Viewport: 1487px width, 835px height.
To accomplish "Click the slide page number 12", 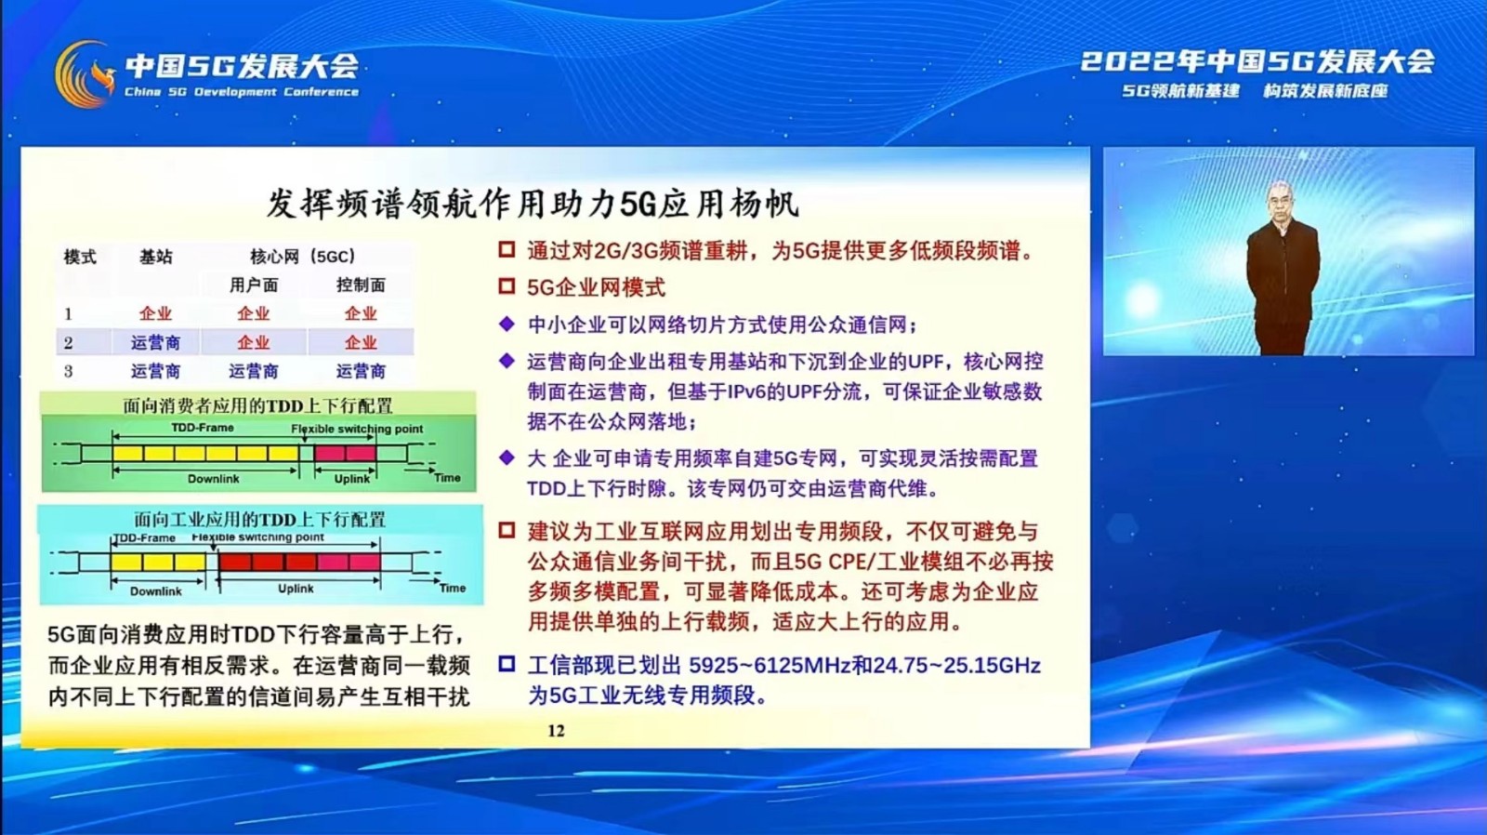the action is [x=557, y=731].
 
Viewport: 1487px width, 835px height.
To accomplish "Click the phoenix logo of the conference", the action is [x=84, y=73].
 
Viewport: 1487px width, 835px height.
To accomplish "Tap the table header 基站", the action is [x=156, y=257].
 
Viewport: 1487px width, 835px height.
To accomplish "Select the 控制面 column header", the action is [x=361, y=285].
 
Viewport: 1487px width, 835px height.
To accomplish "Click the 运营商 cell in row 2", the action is [x=155, y=343].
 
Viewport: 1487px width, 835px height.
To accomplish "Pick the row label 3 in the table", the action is [x=69, y=371].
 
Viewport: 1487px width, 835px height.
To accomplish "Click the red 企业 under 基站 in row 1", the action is [x=155, y=313].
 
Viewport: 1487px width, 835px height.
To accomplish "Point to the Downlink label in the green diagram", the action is [x=213, y=479].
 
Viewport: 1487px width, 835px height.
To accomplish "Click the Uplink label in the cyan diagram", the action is [x=296, y=589].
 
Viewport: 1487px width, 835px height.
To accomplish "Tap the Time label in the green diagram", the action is [x=447, y=478].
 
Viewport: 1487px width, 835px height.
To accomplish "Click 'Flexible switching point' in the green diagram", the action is [x=357, y=430].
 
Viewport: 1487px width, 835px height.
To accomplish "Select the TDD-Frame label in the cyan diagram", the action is [x=144, y=538].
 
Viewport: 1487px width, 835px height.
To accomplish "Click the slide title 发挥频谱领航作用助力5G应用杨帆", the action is [x=533, y=204].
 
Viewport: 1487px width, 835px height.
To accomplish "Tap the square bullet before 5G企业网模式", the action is [x=507, y=287].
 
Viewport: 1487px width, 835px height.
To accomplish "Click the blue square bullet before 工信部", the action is [x=507, y=664].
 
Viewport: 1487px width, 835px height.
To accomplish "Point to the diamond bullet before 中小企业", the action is [x=507, y=325].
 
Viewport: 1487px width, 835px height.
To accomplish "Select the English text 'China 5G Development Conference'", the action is [x=242, y=92].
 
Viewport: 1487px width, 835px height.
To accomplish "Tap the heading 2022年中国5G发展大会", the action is [x=1257, y=61].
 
